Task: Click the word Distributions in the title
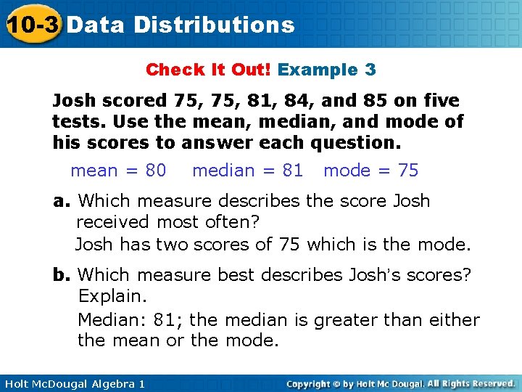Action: [x=215, y=25]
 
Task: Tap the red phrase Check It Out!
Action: [x=209, y=70]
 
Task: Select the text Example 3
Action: [x=326, y=70]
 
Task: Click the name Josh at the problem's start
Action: [x=75, y=101]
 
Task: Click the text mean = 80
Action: [x=118, y=171]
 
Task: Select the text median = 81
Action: [x=247, y=171]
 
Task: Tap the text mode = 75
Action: [x=370, y=171]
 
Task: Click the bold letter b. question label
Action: [x=62, y=275]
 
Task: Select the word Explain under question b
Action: [x=112, y=296]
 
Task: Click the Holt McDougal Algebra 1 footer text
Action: [x=72, y=383]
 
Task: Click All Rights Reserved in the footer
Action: [x=470, y=383]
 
